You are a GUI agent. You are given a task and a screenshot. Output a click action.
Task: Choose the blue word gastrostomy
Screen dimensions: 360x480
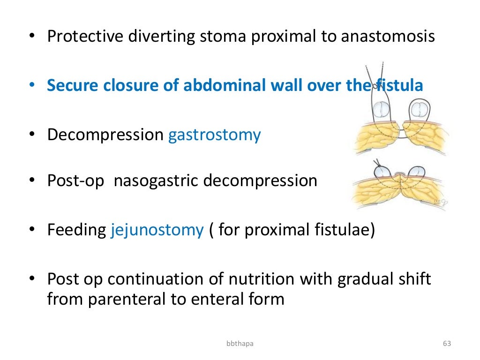click(214, 135)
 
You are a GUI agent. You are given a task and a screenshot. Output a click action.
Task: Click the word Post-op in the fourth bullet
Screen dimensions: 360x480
click(75, 180)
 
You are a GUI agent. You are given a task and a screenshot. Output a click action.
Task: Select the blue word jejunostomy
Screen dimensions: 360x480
click(157, 230)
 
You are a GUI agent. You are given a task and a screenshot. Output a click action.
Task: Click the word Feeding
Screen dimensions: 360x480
click(76, 230)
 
